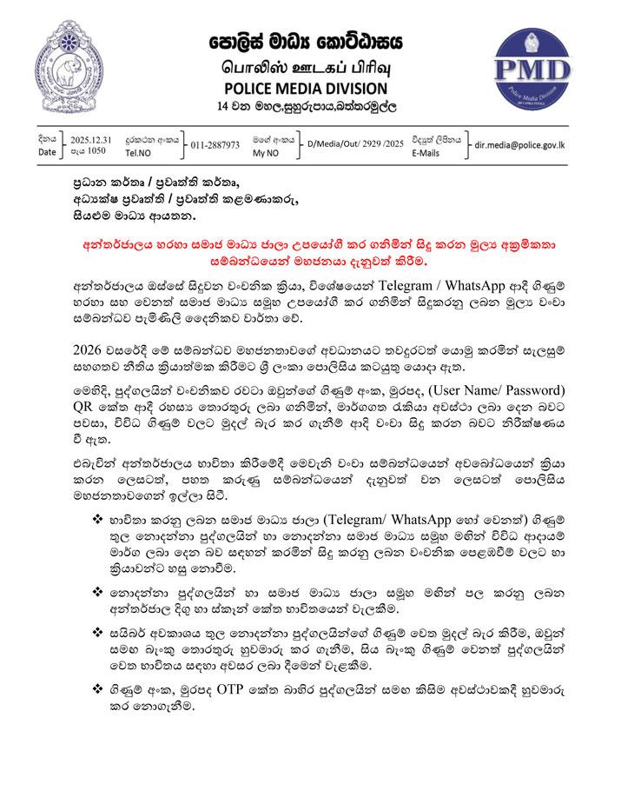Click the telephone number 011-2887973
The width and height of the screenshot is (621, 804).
point(215,144)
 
